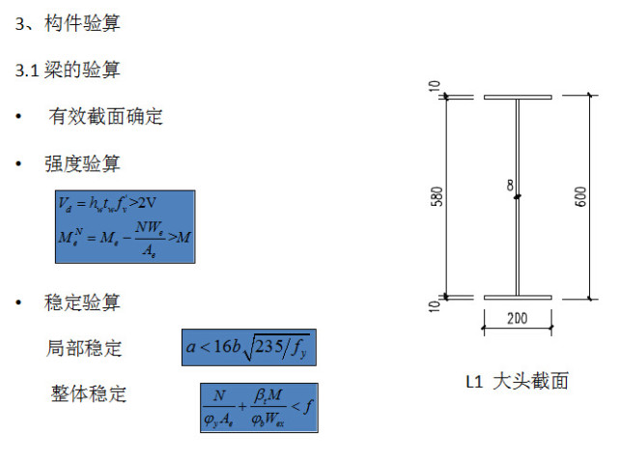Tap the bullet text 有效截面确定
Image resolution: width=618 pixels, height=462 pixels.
(x=106, y=117)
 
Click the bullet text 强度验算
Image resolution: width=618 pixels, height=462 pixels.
(x=82, y=163)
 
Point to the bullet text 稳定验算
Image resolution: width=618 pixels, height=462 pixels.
(x=82, y=303)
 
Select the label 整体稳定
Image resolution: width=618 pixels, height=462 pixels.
(x=89, y=393)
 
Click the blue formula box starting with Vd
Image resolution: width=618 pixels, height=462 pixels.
(x=125, y=227)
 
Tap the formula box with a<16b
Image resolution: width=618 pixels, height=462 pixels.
(x=249, y=347)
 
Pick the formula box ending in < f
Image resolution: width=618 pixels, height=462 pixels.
(x=258, y=408)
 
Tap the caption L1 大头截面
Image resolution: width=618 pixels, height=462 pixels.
(x=517, y=381)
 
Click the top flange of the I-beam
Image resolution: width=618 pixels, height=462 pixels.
(x=517, y=98)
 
